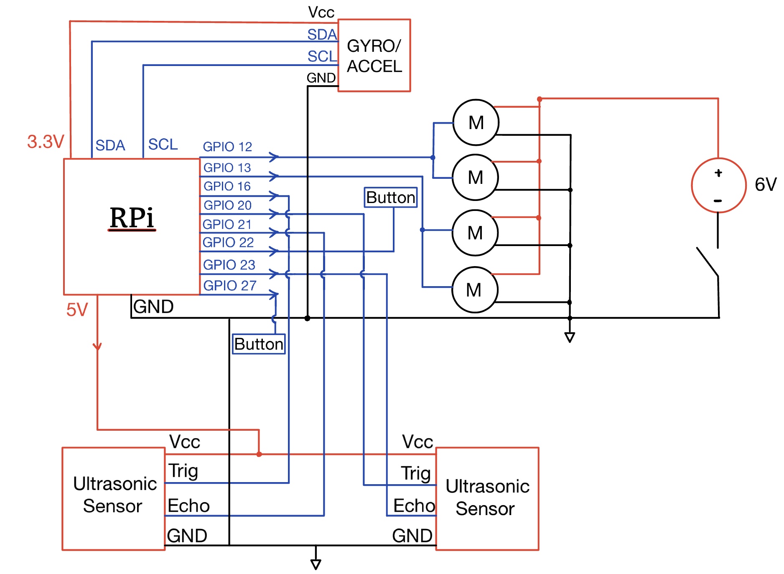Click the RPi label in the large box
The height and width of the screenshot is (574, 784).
point(132,218)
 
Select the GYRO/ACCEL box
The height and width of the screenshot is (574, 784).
point(374,56)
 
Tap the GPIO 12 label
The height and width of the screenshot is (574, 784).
point(227,147)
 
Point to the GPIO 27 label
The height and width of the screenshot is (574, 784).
point(229,285)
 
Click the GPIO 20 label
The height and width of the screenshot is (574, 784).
point(227,205)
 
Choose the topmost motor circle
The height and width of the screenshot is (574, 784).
point(476,122)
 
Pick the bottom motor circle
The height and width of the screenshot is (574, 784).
point(474,290)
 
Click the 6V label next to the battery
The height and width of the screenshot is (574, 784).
point(765,184)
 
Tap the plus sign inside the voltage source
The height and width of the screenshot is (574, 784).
point(718,173)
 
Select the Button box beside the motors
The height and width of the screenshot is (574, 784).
point(391,197)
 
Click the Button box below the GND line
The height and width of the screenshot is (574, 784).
point(259,344)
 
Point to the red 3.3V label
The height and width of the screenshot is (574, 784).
point(46,142)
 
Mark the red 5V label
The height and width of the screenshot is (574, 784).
point(77,310)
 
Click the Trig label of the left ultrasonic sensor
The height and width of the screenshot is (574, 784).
point(183,471)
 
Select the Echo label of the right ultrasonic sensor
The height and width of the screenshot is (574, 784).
point(414,505)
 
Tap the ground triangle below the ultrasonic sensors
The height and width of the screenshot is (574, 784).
point(316,564)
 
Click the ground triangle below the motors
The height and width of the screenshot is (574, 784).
point(569,337)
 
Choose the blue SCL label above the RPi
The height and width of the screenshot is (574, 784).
point(163,144)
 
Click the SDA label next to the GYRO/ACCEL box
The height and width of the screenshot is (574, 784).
point(322,34)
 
